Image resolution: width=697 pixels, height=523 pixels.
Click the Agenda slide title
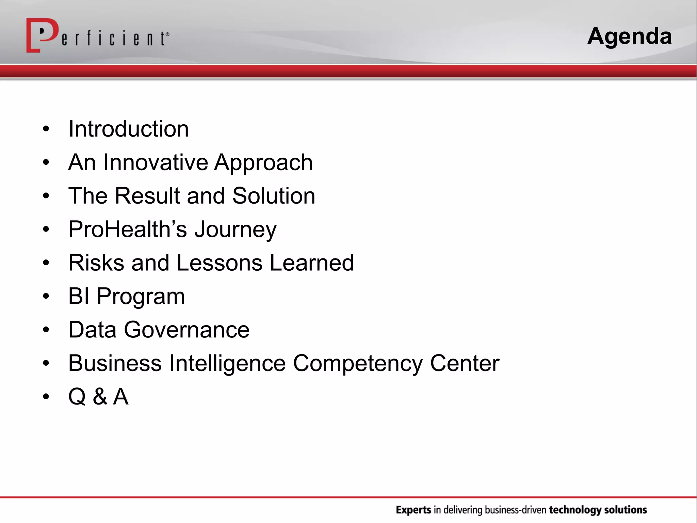[x=629, y=36]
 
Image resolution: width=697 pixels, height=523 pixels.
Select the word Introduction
[x=128, y=129]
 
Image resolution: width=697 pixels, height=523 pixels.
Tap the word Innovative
[x=155, y=162]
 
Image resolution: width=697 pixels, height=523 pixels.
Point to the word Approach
[x=263, y=163]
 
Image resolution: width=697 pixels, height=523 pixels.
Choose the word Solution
[x=274, y=196]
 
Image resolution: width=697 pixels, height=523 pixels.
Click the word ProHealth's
[x=128, y=229]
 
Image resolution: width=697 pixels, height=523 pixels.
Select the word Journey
[x=235, y=230]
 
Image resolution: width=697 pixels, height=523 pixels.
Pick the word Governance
[x=187, y=330]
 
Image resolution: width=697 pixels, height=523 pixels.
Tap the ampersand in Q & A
[x=100, y=397]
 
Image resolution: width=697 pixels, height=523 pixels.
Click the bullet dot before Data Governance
[x=46, y=330]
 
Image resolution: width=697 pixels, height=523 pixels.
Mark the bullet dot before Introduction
[x=46, y=129]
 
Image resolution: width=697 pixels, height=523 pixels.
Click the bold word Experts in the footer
[x=413, y=510]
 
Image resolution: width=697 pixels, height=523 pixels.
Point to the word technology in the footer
[x=575, y=510]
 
